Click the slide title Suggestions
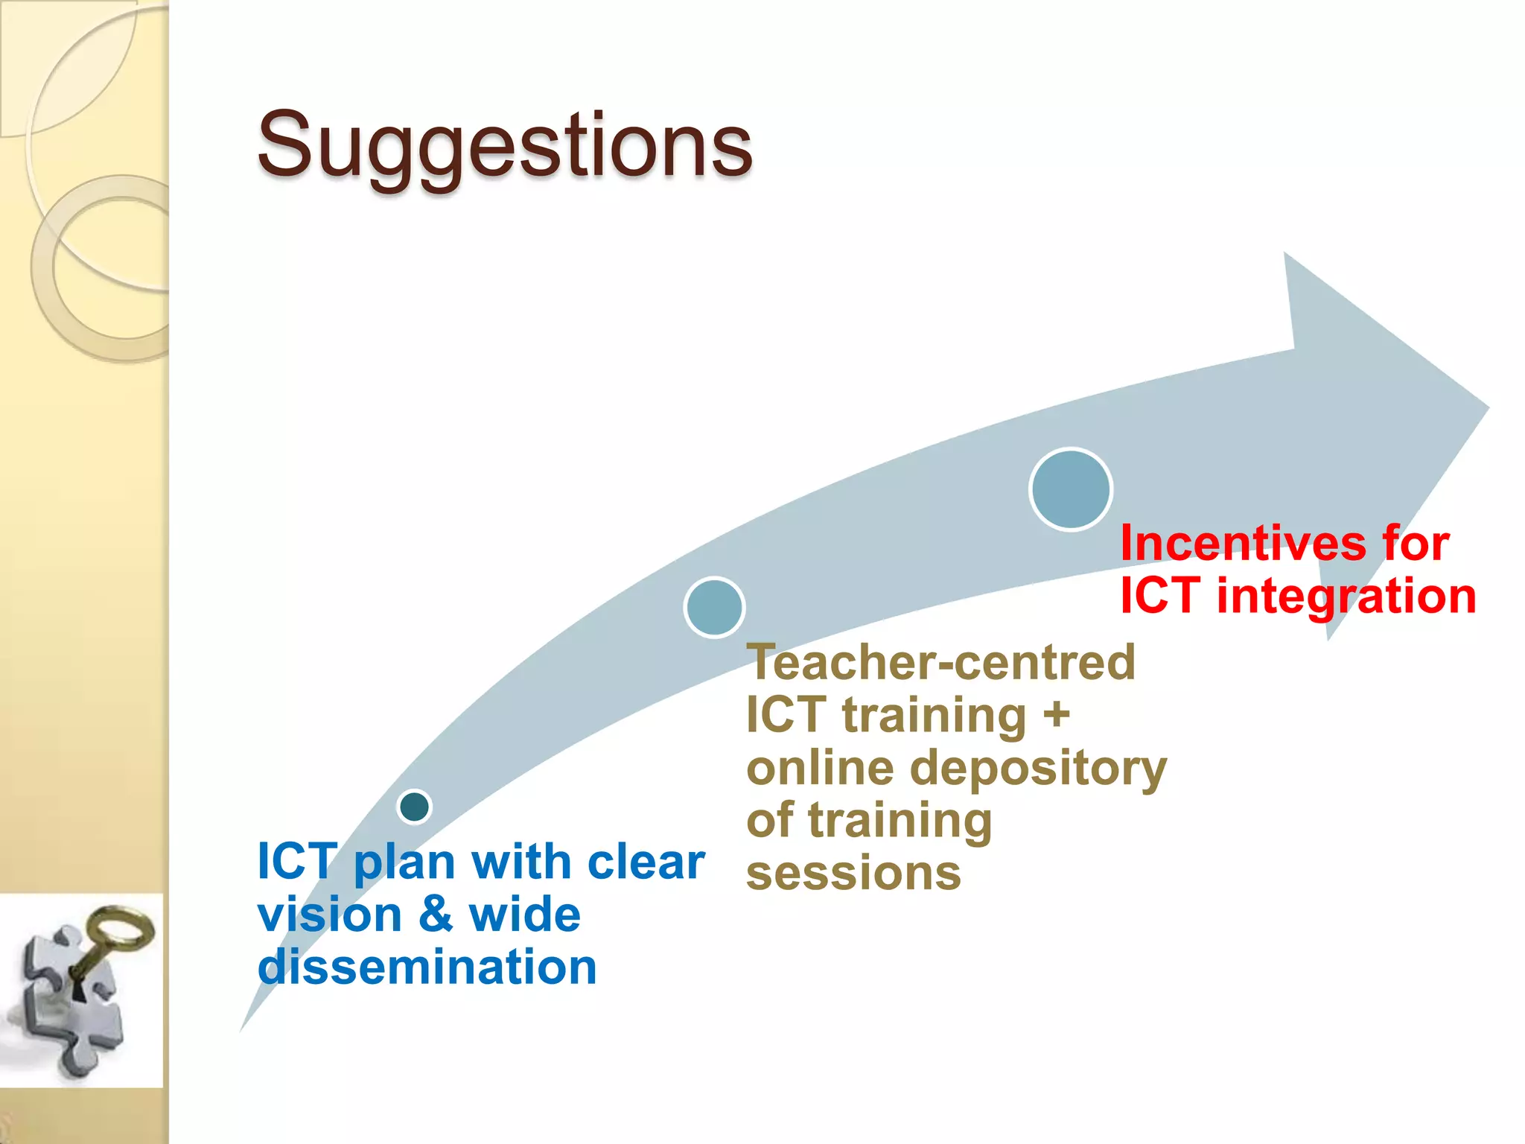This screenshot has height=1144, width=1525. (505, 145)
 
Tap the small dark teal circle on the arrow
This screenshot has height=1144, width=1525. (415, 806)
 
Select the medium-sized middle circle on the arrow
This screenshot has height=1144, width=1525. (714, 607)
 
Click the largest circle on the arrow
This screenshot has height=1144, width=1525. (1071, 489)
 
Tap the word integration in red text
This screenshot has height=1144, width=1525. (1346, 597)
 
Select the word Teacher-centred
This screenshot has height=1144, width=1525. (941, 662)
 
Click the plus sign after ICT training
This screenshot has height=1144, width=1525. (1056, 715)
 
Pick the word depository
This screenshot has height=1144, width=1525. (1038, 769)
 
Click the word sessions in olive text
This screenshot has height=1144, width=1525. (853, 873)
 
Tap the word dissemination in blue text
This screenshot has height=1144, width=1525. (427, 967)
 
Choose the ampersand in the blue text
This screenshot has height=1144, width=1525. (436, 915)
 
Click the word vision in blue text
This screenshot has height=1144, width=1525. (329, 915)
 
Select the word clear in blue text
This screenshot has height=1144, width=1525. (646, 862)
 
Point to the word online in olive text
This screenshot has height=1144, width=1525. (819, 769)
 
